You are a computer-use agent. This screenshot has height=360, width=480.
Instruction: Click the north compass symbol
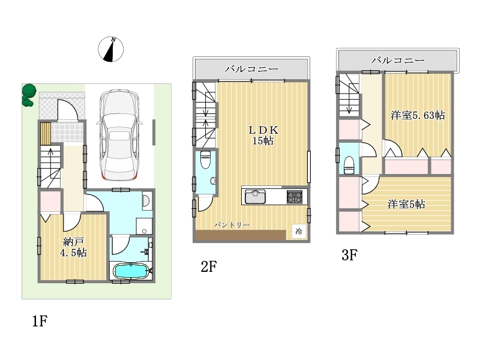(111, 49)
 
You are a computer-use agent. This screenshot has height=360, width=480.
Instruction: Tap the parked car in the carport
(119, 135)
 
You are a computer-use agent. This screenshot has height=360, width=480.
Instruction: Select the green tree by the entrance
(29, 95)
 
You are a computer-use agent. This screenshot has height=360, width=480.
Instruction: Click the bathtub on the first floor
(131, 271)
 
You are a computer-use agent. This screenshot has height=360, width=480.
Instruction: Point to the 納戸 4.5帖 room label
(73, 247)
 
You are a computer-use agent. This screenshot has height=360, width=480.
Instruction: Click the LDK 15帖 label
(263, 135)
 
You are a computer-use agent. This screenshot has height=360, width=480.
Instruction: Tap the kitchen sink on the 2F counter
(255, 197)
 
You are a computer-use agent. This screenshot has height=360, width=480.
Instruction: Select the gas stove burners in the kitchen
(295, 197)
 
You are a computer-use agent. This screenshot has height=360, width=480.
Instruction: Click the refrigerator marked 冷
(299, 232)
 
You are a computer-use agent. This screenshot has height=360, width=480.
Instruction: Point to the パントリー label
(232, 225)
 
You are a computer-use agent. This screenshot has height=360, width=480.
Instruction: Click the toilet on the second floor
(205, 160)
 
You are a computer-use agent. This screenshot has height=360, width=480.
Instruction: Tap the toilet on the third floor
(349, 165)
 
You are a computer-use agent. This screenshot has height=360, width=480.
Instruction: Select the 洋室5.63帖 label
(418, 115)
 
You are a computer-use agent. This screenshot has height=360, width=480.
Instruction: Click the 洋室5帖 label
(406, 204)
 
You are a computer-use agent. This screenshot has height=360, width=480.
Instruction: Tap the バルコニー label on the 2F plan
(251, 69)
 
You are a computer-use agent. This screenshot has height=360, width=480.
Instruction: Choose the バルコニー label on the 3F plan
(398, 61)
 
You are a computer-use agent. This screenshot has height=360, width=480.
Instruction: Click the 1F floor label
(40, 321)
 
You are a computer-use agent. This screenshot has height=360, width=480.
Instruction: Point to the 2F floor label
(209, 266)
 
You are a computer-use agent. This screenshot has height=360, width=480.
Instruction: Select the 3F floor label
(349, 255)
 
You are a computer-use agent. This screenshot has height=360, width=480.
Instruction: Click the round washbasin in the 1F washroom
(146, 201)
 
